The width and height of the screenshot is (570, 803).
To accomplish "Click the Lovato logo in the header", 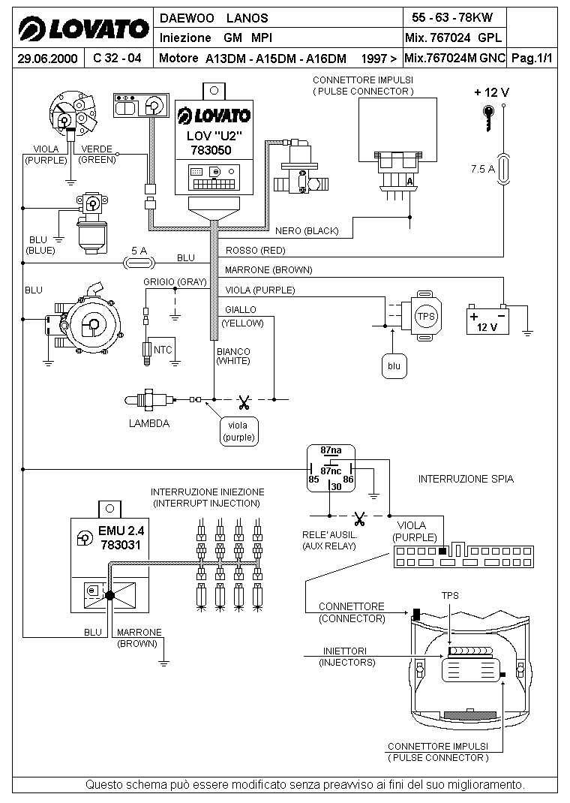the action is (84, 29).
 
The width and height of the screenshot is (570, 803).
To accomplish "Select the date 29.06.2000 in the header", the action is (47, 59).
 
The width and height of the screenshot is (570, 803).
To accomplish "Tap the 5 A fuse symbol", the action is (139, 263).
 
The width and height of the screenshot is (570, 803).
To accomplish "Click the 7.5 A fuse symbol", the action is (504, 169).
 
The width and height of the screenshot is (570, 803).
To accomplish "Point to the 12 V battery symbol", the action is (487, 320).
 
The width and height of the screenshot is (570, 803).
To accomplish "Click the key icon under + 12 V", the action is (489, 118).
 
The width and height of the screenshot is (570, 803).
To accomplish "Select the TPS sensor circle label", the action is (426, 317).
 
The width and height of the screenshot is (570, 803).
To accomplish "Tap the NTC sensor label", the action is (163, 350).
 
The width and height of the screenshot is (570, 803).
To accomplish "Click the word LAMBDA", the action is (149, 423).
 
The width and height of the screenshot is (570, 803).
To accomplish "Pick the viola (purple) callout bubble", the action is (238, 432).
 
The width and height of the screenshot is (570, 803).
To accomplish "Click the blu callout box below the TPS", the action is (394, 366).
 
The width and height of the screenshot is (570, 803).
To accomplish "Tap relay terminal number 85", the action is (313, 480).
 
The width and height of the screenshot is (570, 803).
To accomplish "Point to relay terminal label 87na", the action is (331, 451).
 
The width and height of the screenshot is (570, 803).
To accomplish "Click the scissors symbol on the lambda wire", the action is (244, 403).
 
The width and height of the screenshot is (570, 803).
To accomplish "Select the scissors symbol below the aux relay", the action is (360, 519).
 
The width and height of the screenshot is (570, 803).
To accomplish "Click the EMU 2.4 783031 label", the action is (121, 538).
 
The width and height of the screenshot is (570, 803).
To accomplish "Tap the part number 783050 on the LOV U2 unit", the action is (211, 150).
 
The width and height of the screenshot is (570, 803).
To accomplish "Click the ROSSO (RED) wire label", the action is (255, 251).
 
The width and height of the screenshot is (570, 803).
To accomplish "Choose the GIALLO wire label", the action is (241, 310).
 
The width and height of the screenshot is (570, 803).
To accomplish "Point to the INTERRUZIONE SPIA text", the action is (466, 479).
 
